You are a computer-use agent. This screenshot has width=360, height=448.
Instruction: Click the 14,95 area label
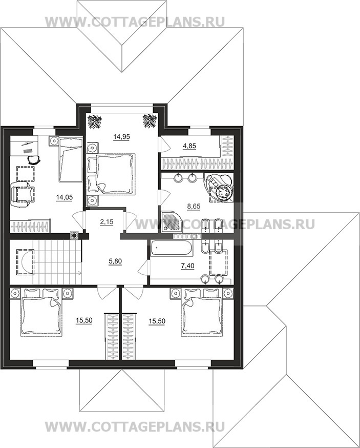[121, 137]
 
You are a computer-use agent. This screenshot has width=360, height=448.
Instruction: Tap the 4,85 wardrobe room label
[189, 146]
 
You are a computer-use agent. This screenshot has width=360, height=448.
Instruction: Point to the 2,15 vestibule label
[107, 222]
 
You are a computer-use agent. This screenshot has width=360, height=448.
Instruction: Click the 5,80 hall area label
[116, 261]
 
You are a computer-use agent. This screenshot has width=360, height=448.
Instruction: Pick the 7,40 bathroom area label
[187, 266]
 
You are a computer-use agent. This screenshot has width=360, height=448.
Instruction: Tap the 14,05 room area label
[65, 197]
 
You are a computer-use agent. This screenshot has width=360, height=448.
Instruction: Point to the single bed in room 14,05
[71, 159]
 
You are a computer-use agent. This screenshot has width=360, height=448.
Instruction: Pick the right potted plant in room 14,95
[150, 121]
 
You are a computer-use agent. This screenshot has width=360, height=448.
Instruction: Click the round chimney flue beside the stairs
[74, 236]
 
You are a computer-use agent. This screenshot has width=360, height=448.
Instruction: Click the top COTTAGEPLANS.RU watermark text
[135, 22]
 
